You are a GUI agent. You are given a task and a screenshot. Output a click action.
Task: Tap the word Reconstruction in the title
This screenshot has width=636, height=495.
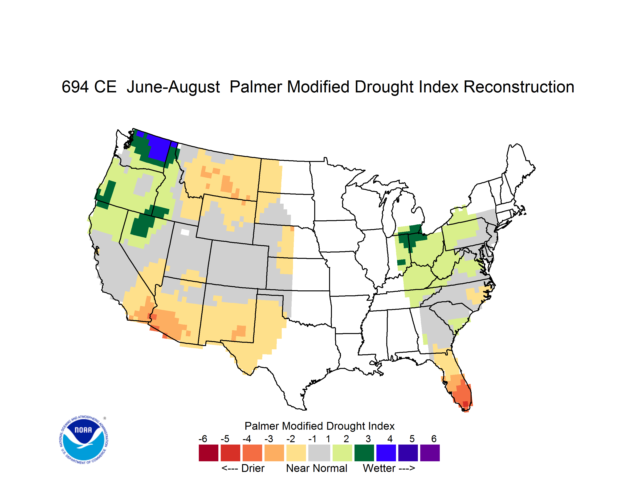[519, 87]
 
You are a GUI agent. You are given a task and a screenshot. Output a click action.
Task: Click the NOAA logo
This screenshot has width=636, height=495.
[84, 440]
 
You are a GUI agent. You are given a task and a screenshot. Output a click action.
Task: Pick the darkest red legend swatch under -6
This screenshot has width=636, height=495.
[208, 453]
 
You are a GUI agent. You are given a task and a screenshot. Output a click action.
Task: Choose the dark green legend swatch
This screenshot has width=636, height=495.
[364, 453]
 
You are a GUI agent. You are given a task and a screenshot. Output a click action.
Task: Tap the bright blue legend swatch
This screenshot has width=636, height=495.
[386, 453]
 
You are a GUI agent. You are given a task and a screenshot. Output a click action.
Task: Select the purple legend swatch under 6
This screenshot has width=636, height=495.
[430, 453]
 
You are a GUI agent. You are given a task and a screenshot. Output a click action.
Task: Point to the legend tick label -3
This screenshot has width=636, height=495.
[269, 439]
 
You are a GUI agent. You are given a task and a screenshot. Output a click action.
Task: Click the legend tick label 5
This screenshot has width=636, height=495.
[412, 439]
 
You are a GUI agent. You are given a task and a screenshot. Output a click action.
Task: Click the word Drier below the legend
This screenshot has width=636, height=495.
[253, 468]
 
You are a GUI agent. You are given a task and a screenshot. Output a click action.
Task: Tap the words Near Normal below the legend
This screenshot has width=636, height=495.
[317, 468]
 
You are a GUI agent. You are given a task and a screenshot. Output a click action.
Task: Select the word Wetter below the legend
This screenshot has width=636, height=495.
[379, 468]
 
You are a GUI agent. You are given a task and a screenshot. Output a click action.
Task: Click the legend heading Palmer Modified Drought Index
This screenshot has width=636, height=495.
[319, 426]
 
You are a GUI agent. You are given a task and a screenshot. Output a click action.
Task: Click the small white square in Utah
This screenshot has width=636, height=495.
[185, 232]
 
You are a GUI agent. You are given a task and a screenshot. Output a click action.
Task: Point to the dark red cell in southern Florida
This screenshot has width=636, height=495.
[465, 404]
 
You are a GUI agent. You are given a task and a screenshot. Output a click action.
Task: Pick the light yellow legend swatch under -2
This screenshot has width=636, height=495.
[296, 453]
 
